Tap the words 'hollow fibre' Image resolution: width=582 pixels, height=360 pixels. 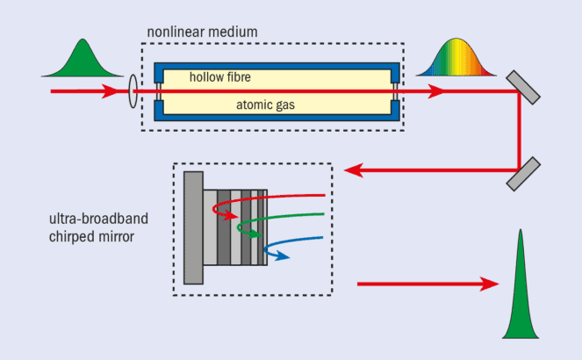tap(220, 77)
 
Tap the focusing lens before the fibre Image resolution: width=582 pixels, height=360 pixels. tap(133, 90)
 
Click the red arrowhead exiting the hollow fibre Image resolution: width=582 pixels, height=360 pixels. tap(435, 90)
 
